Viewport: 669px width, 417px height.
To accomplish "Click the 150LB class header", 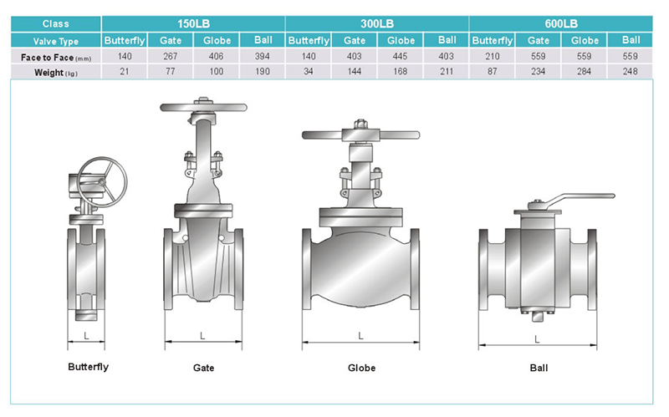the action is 193,23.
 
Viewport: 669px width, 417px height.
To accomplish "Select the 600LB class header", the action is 561,23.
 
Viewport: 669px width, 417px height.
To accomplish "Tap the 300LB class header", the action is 377,23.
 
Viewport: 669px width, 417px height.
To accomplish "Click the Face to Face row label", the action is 56,58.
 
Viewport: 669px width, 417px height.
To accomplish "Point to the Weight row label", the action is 56,73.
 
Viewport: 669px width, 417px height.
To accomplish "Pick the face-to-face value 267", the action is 171,56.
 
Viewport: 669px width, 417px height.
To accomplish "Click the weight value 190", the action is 263,72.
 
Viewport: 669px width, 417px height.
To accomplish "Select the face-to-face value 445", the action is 401,56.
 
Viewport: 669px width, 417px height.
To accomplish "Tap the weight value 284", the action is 584,72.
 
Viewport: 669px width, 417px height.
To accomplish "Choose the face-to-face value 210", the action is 493,56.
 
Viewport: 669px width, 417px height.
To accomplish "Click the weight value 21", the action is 124,72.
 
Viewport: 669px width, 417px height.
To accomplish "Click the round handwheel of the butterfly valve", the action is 102,182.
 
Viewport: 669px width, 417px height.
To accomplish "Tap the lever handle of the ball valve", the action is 572,198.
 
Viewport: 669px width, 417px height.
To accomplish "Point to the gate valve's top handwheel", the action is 203,108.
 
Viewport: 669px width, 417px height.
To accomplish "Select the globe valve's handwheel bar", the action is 360,135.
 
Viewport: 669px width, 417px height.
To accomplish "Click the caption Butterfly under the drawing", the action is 89,367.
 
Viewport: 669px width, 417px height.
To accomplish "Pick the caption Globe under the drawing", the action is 361,368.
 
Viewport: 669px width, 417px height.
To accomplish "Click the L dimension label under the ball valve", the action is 537,339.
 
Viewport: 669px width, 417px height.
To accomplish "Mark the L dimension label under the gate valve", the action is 202,336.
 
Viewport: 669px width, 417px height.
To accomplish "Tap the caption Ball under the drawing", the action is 539,368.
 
